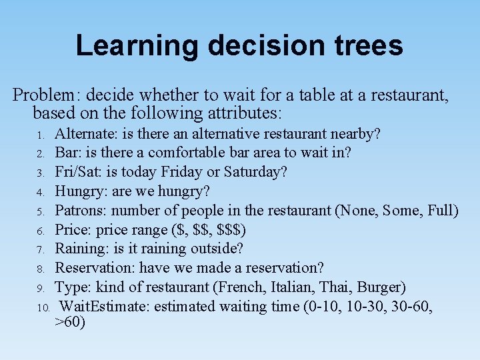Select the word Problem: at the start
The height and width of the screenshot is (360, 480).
[x=47, y=95]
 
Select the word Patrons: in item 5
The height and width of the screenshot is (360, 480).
[x=81, y=211]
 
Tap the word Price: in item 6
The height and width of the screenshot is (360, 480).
[x=73, y=230]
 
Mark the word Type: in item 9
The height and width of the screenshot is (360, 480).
[x=71, y=287]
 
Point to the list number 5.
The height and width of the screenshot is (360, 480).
[x=40, y=211]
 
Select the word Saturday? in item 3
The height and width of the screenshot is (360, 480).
[x=256, y=172]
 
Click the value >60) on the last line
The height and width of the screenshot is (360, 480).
[x=70, y=323]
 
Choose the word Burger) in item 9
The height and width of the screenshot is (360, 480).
[x=381, y=287]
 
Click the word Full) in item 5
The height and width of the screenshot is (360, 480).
[x=442, y=211]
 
